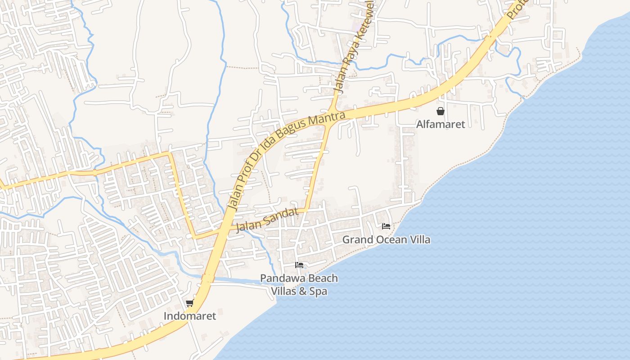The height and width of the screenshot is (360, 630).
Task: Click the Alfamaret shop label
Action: pyautogui.click(x=440, y=124)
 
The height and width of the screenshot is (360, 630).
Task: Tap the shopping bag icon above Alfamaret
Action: pyautogui.click(x=440, y=111)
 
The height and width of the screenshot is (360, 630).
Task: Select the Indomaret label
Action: pyautogui.click(x=189, y=316)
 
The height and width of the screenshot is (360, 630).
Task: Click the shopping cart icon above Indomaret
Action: pyautogui.click(x=190, y=303)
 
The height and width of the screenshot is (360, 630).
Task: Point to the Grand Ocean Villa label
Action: pyautogui.click(x=386, y=239)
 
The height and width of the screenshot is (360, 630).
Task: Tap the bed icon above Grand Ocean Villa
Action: pyautogui.click(x=386, y=226)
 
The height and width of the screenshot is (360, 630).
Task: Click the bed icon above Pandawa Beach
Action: pyautogui.click(x=299, y=265)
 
